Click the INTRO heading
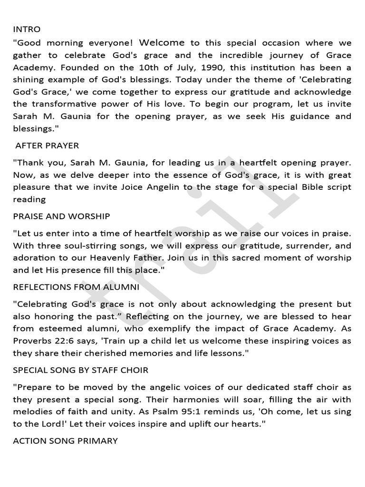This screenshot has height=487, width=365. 27,29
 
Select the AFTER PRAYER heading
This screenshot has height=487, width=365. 47,145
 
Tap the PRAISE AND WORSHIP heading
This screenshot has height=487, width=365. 61,216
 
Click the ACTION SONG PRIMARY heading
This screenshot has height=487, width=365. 65,441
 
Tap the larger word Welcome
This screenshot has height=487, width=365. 162,43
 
